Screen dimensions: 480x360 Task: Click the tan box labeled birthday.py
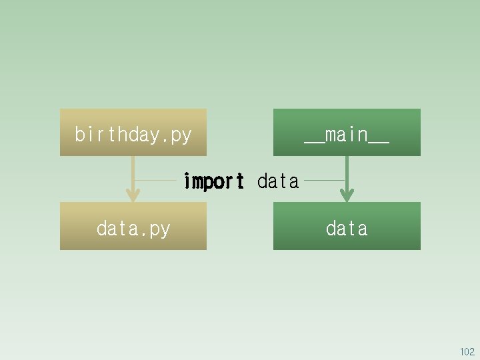click(x=133, y=132)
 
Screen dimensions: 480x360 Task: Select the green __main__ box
click(x=347, y=132)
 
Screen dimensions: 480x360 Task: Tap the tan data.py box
click(x=133, y=226)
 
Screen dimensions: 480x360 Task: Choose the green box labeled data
click(x=347, y=226)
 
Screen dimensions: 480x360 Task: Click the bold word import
click(x=213, y=181)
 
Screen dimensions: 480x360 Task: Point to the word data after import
click(x=278, y=181)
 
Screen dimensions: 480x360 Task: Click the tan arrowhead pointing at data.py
click(x=133, y=195)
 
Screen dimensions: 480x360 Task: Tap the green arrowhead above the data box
click(x=346, y=195)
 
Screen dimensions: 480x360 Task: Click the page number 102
click(x=467, y=352)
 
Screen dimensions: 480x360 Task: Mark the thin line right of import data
click(x=323, y=180)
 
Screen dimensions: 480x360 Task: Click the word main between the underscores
click(x=347, y=135)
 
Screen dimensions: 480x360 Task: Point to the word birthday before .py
click(x=117, y=135)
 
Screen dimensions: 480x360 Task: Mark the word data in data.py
click(x=117, y=229)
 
